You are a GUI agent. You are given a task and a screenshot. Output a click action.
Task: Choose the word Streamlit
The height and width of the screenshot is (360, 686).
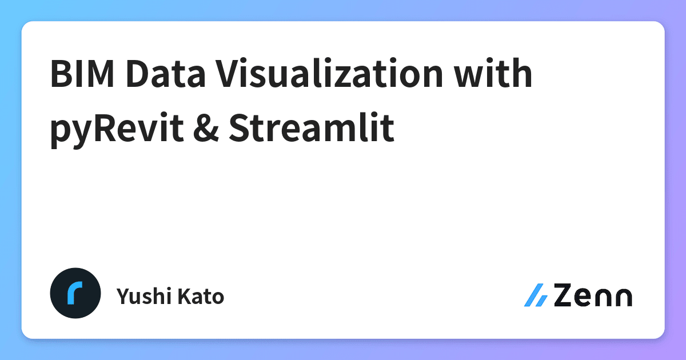(312, 129)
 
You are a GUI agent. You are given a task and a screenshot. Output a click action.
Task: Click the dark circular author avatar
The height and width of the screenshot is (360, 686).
(75, 293)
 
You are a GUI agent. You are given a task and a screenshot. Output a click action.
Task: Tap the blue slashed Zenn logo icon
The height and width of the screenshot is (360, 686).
(536, 295)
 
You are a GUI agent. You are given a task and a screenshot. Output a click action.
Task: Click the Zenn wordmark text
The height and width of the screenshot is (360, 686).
(592, 296)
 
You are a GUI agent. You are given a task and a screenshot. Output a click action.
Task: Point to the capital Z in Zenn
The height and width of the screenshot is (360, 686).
(564, 296)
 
